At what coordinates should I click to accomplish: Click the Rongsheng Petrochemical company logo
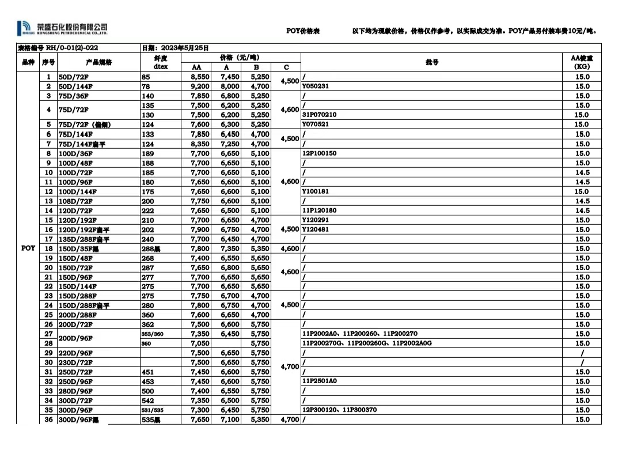pos(62,28)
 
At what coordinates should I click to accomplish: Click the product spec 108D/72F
pos(75,201)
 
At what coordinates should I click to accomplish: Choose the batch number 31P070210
pos(320,115)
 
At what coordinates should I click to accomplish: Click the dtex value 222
pos(147,210)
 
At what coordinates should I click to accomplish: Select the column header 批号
pos(432,62)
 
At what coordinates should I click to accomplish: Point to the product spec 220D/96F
pos(76,353)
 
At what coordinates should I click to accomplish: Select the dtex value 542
pos(147,400)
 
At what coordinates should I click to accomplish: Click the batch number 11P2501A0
pos(320,381)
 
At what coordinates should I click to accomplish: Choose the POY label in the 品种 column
pos(28,248)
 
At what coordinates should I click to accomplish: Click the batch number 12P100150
pos(320,153)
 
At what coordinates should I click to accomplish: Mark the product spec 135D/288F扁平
pos(84,239)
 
